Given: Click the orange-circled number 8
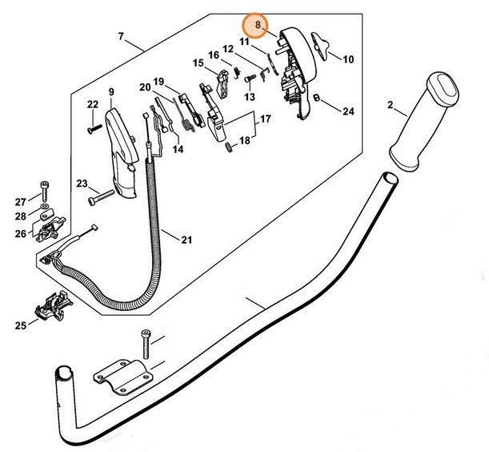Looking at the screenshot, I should (x=257, y=26).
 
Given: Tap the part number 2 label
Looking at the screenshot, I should (x=390, y=104).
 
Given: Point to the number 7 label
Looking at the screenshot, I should (x=121, y=37).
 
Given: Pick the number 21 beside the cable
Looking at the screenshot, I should (x=186, y=238).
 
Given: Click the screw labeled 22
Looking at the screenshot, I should (x=94, y=124).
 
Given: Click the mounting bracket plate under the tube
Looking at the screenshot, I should (x=122, y=377).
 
